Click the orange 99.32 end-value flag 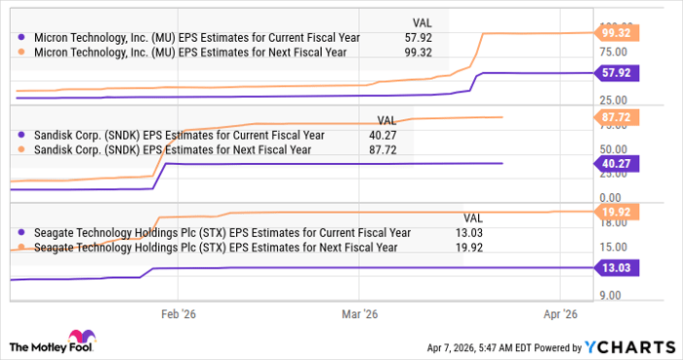[618, 32]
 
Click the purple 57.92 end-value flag [618, 72]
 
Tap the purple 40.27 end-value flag [618, 163]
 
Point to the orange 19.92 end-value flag [618, 211]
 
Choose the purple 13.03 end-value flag [618, 265]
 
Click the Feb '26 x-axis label [177, 314]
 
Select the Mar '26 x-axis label [360, 314]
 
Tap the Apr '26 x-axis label [560, 314]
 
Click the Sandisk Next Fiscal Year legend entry [165, 150]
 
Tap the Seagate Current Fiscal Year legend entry [215, 232]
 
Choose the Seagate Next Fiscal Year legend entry [209, 248]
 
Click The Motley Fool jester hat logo [21, 346]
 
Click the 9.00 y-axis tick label [611, 294]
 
